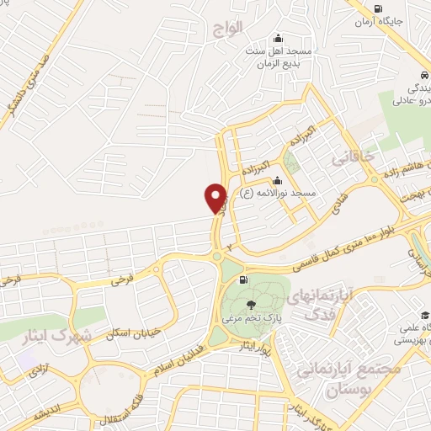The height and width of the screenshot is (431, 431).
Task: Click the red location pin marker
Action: coord(215,199)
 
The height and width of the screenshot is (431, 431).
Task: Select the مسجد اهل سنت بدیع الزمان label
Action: coord(279,58)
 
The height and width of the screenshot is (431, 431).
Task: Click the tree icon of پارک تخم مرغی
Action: coord(249,306)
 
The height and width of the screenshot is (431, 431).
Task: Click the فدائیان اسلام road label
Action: coord(179,359)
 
